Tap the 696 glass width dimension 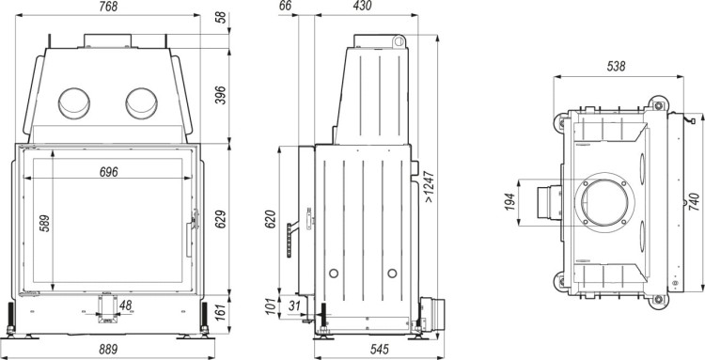click(x=110, y=171)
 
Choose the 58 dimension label click(x=221, y=18)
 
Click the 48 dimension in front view click(x=126, y=305)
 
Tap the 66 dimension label click(x=287, y=7)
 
